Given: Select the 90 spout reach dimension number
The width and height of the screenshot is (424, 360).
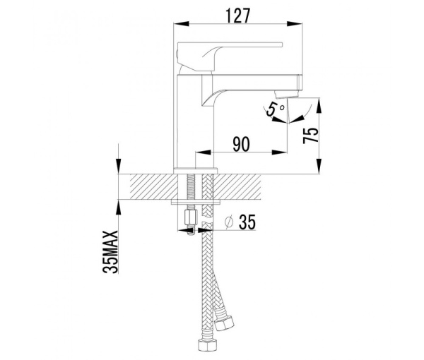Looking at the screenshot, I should pyautogui.click(x=241, y=144).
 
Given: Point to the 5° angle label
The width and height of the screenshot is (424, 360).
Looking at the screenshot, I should pyautogui.click(x=276, y=110).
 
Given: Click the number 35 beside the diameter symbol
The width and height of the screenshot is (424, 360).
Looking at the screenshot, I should pyautogui.click(x=247, y=222).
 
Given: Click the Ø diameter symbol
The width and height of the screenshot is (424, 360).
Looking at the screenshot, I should pyautogui.click(x=228, y=222).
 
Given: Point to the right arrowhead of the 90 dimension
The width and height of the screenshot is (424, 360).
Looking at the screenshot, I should pyautogui.click(x=284, y=152).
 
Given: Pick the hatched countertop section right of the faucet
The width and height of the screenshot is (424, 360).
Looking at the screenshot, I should pyautogui.click(x=247, y=188).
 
